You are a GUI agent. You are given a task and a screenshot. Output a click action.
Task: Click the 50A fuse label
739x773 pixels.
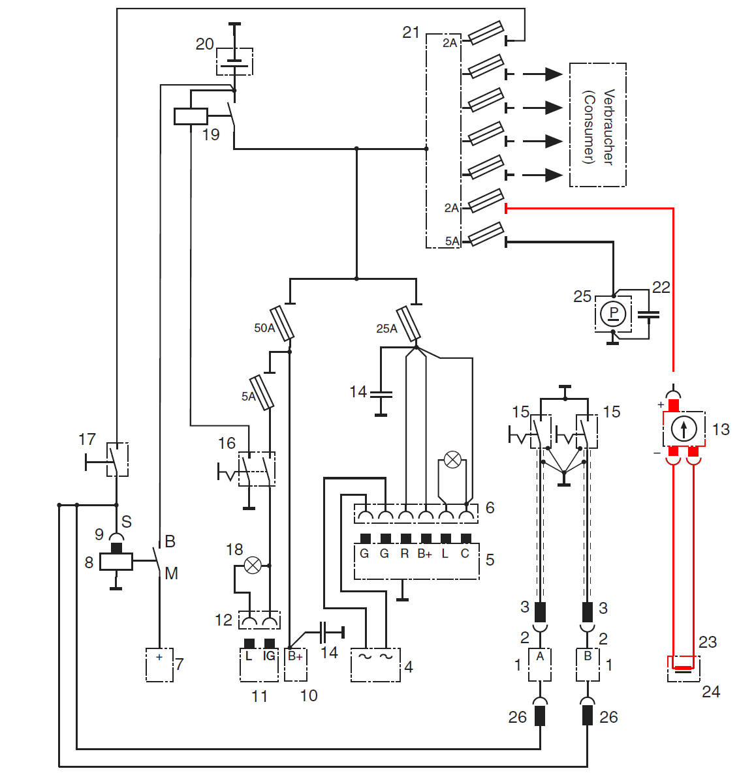pos(264,328)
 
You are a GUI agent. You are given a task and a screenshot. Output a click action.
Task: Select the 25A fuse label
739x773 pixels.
pos(386,329)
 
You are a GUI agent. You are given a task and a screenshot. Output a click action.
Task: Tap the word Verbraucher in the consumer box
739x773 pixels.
pos(608,127)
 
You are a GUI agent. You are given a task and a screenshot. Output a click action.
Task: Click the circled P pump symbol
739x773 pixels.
pos(613,314)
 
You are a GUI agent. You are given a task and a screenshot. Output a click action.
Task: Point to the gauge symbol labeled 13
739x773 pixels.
pos(684,429)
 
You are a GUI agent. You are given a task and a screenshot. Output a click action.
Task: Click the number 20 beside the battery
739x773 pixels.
pos(204,44)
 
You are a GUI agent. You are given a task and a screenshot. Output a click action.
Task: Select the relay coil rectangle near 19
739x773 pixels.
pos(191,117)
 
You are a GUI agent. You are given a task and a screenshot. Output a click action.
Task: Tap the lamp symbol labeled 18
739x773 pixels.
pos(252,565)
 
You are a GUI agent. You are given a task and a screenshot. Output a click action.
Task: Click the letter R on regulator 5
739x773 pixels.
pos(405,554)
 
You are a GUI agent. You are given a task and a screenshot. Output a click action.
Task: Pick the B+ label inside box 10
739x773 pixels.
pos(295,656)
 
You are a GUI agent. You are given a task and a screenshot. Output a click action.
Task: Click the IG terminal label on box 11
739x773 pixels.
pos(269,656)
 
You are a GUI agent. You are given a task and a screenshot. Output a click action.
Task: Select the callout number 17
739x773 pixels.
pos(87,440)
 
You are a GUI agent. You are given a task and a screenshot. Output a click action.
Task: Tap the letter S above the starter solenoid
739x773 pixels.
pos(127,522)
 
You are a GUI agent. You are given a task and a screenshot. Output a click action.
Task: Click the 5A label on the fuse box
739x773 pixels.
pos(452,241)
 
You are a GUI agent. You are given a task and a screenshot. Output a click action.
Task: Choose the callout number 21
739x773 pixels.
pos(411,33)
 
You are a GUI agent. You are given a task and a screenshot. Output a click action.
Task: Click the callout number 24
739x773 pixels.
pos(710,692)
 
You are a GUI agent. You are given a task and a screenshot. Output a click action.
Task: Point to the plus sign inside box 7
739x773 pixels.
pos(159,658)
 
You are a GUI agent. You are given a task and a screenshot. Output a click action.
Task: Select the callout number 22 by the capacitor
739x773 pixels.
pos(661,288)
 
